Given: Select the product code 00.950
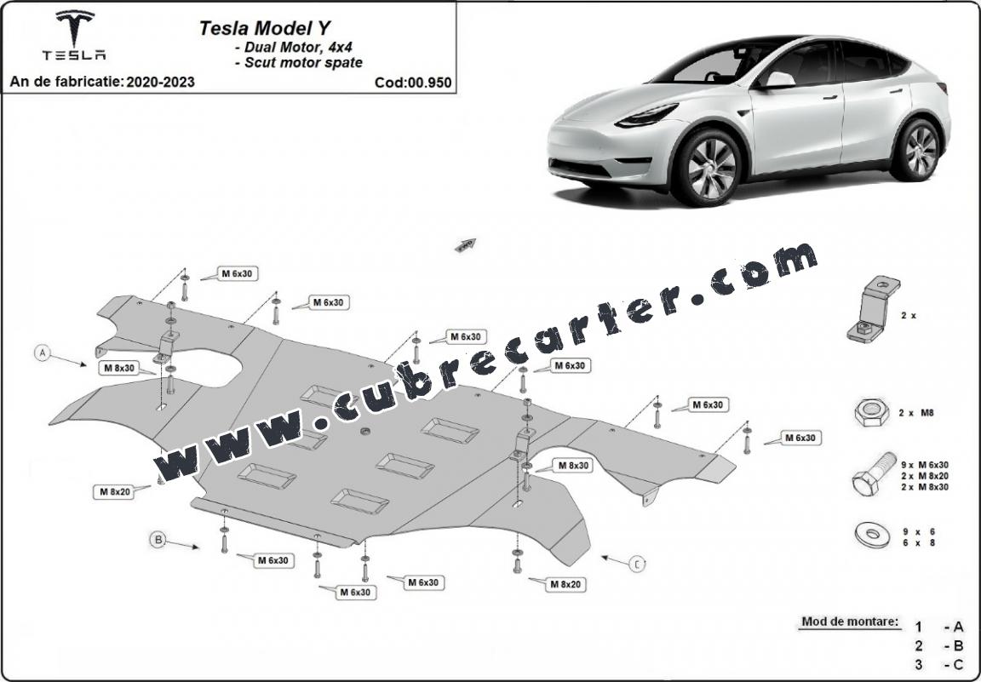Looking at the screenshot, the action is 428,83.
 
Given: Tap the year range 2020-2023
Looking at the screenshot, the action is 160,82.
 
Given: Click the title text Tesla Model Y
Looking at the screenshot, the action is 265,28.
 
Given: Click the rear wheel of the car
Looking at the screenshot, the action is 920,149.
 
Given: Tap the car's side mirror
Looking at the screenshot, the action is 777,80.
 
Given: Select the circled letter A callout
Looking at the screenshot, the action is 43,353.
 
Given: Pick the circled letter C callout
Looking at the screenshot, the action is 637,565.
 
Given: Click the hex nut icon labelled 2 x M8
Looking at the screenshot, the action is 871,414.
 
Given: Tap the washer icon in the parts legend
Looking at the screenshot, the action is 872,536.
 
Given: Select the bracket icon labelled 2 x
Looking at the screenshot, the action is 874,310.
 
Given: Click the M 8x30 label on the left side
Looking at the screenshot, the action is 119,368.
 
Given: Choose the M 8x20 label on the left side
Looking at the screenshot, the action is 115,492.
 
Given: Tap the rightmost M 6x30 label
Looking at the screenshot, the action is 800,438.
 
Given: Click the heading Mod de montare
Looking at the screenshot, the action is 850,622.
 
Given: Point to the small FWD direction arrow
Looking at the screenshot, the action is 466,244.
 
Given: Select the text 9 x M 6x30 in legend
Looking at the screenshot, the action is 925,465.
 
